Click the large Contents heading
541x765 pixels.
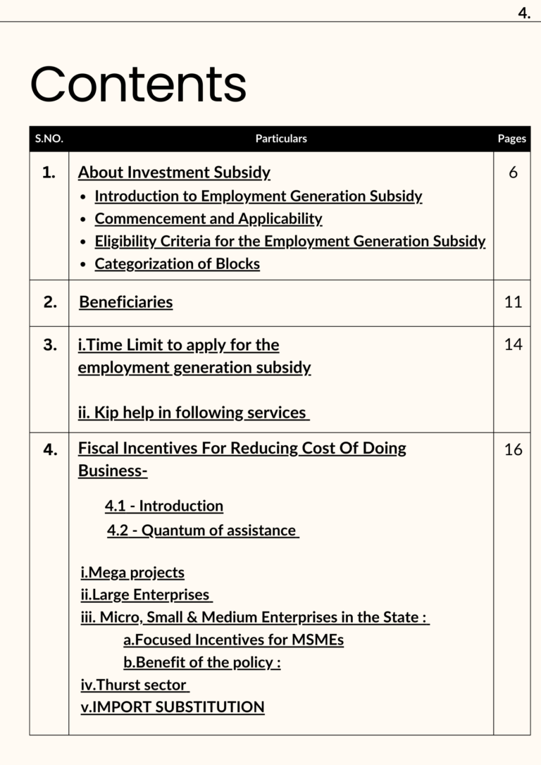(138, 85)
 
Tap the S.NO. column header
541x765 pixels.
(49, 139)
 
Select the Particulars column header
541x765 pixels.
(281, 139)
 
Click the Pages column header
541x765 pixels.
(511, 139)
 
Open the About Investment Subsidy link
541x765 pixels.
(174, 173)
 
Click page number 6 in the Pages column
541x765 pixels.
(513, 173)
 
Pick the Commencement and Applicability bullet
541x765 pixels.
(209, 219)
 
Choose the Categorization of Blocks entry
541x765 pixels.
(177, 264)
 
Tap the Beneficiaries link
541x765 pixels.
(125, 302)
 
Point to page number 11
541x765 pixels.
(513, 302)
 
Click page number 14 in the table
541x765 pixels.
(513, 345)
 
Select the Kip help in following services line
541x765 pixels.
(193, 413)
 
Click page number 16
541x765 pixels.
(513, 449)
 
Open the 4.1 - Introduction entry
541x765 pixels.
(164, 506)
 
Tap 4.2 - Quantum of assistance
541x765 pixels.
(202, 530)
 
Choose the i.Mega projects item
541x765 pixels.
(132, 573)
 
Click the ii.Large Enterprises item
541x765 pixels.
(146, 595)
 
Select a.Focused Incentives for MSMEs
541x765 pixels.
(233, 640)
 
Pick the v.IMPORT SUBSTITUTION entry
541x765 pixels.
(173, 707)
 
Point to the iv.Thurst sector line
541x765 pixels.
(134, 685)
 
